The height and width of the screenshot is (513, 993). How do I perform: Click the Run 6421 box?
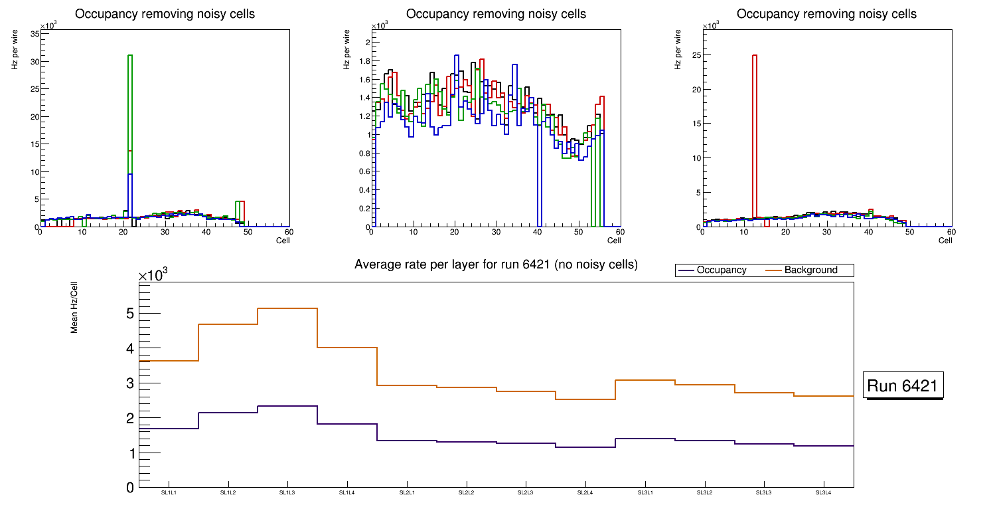point(903,386)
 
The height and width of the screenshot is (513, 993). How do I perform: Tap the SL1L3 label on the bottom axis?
point(287,492)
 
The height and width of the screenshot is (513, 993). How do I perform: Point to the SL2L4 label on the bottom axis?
point(585,492)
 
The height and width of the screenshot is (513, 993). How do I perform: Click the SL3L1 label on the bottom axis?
point(645,492)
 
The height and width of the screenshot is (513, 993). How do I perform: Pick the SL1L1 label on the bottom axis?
point(169,492)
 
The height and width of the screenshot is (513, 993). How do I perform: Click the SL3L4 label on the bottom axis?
point(824,492)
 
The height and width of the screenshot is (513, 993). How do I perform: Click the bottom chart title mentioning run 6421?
point(496,264)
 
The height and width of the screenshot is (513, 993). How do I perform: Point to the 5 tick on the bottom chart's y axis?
point(129,314)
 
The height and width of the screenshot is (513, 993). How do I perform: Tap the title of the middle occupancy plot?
point(496,14)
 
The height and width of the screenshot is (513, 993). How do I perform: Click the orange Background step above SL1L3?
point(287,308)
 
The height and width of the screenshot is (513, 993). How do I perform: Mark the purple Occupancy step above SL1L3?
point(287,406)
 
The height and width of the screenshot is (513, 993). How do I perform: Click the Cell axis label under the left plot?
point(283,241)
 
